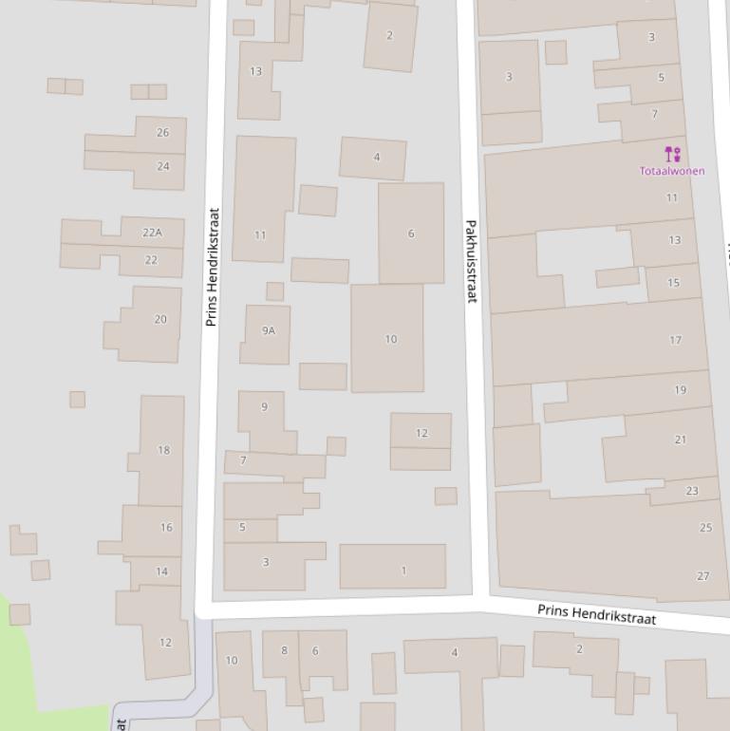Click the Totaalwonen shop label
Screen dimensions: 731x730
(672, 171)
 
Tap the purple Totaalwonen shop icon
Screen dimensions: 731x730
(672, 154)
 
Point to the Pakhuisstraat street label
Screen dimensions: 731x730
(470, 261)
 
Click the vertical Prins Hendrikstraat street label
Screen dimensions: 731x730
(212, 267)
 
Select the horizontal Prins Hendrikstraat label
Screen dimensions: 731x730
(596, 613)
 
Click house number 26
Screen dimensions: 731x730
(162, 133)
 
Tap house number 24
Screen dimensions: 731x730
(163, 166)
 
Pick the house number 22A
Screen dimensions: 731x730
(152, 233)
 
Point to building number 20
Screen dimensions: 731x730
(159, 319)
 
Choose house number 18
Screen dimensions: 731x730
(163, 450)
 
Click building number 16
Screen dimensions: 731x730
(166, 527)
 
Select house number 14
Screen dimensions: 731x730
(161, 572)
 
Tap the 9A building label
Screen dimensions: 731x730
(269, 330)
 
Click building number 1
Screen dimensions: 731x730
(403, 571)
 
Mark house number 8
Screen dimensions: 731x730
(284, 650)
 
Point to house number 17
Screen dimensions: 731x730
(675, 340)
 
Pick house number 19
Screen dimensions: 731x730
(680, 390)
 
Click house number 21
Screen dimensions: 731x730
(680, 440)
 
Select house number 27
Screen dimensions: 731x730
(702, 576)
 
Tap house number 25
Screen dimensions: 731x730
(705, 528)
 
